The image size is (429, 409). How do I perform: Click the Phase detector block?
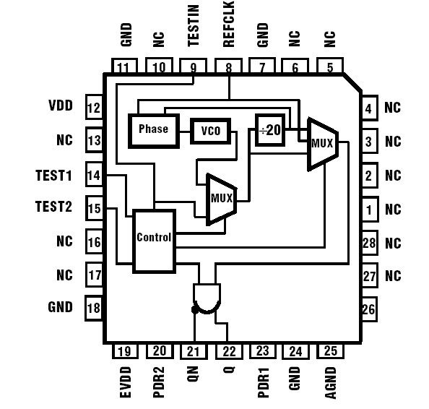click(153, 129)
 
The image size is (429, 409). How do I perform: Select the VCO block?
click(211, 131)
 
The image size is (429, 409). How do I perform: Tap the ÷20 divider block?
click(270, 130)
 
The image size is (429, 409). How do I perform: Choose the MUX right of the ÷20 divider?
click(322, 143)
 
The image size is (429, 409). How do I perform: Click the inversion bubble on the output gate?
click(194, 310)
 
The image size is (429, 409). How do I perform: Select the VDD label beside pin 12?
click(61, 106)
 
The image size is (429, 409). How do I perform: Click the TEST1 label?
click(54, 174)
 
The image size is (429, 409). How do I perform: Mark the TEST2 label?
click(54, 207)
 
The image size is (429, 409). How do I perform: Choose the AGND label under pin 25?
click(330, 381)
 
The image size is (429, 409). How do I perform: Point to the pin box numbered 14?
click(94, 175)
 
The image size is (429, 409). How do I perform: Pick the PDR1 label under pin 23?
click(262, 379)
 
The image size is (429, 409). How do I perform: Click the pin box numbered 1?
click(369, 210)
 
